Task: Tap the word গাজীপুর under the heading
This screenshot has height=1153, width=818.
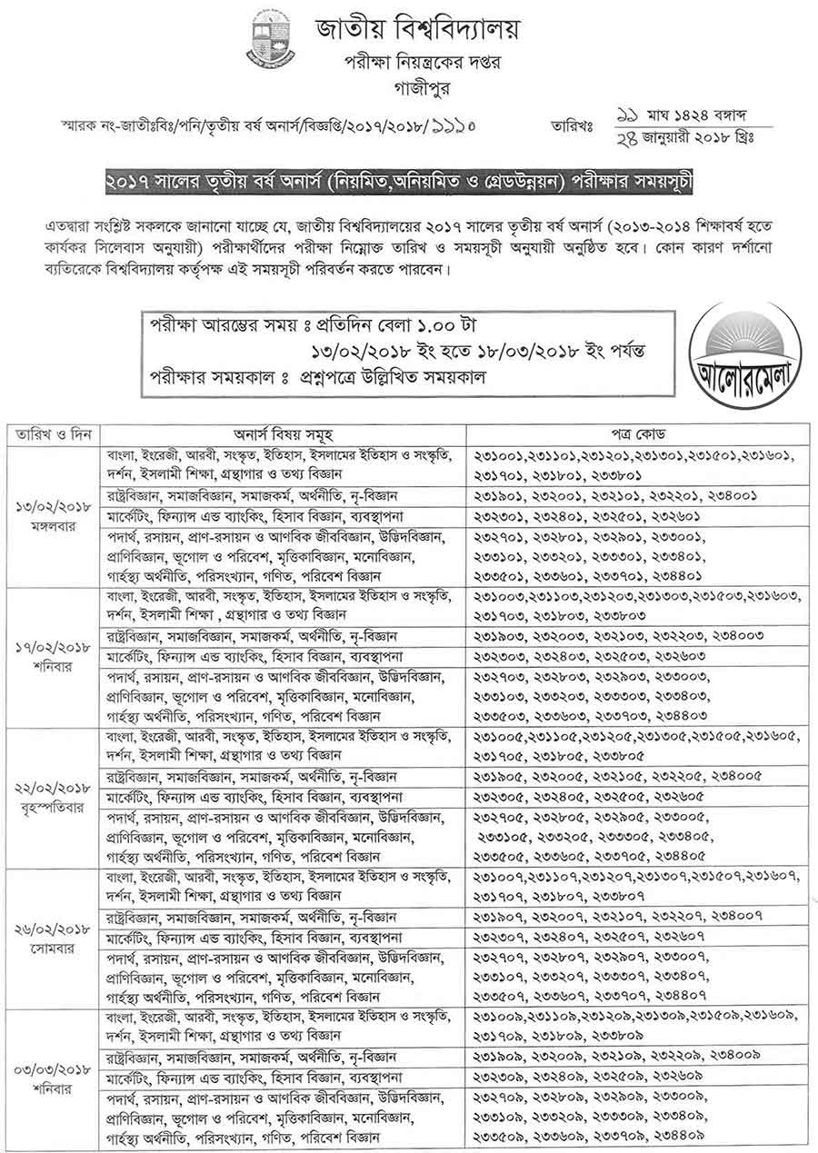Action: (409, 88)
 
